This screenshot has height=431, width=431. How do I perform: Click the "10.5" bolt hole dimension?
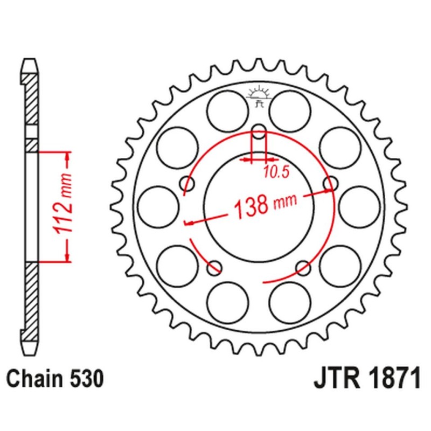click(x=276, y=172)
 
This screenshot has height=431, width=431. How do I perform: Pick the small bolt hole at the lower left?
click(x=215, y=266)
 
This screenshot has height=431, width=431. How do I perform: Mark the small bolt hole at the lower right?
click(x=303, y=266)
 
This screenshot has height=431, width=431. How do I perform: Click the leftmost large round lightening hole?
click(x=158, y=206)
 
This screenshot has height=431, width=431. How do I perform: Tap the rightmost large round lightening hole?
click(x=359, y=206)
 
